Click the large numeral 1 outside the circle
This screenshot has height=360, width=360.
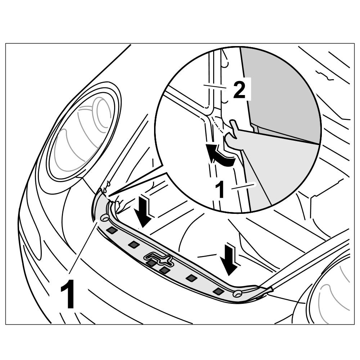point(68,295)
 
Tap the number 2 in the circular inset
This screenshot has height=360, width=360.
point(239,90)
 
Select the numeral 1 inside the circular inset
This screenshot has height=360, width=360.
point(220,189)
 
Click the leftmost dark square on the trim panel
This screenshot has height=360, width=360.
point(112,230)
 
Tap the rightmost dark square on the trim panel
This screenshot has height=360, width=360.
point(217,291)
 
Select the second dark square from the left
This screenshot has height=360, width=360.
point(134,245)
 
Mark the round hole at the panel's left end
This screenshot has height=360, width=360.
point(105,217)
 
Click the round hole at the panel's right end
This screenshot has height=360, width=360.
point(237,294)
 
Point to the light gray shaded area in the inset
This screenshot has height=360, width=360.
point(281,166)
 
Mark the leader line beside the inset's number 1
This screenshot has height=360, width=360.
point(243,186)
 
